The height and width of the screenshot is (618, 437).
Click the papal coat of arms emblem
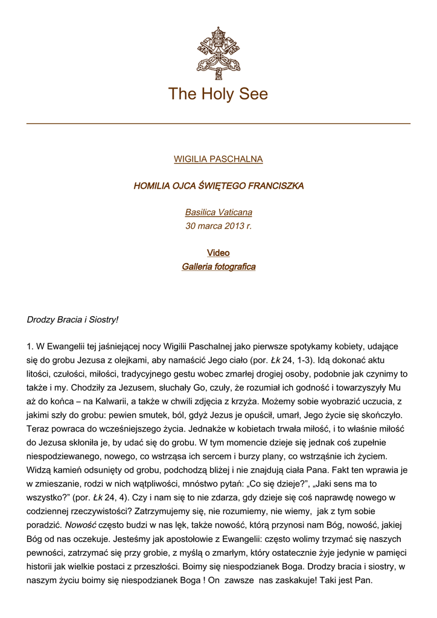(x=218, y=53)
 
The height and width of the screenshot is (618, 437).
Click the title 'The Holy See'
(x=218, y=94)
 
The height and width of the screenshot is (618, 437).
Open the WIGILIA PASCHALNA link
(x=218, y=159)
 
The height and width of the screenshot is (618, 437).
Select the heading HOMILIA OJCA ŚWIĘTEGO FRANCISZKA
(x=218, y=186)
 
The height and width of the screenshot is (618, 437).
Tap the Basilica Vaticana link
(x=218, y=212)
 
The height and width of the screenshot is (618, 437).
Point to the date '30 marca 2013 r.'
(x=218, y=226)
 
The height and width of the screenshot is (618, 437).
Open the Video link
(x=218, y=253)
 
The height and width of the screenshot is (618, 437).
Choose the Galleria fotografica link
(x=218, y=267)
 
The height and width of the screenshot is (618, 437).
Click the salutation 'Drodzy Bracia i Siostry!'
(x=72, y=319)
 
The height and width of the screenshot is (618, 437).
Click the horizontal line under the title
(x=218, y=124)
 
